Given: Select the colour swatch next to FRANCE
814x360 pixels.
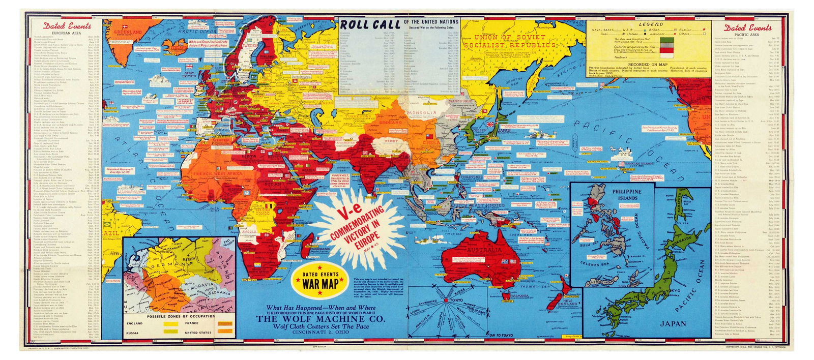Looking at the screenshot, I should point(222,322).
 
